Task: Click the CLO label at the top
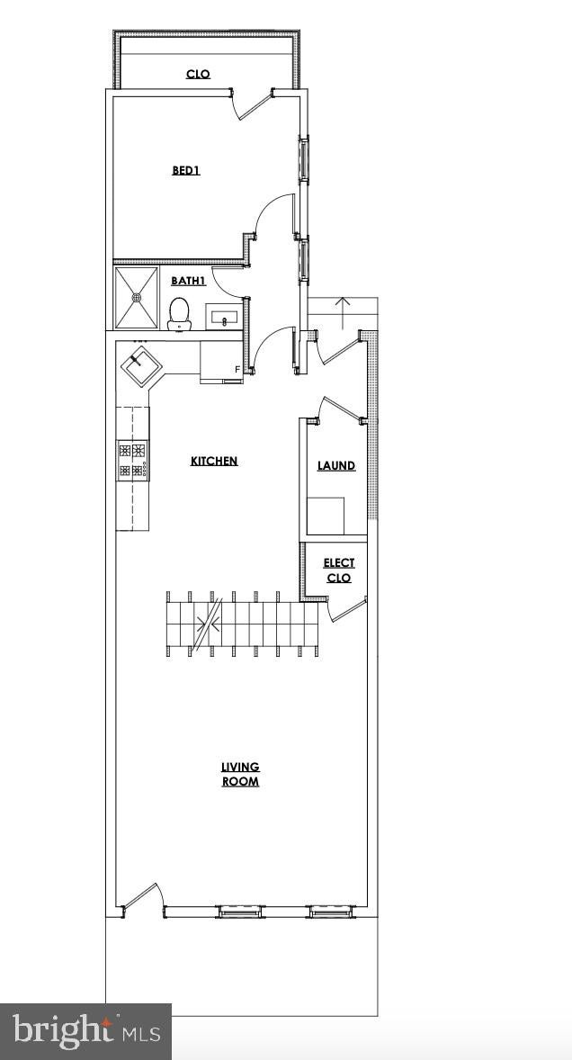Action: (198, 74)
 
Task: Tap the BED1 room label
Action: (185, 170)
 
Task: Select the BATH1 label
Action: (188, 281)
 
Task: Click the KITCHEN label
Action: (214, 461)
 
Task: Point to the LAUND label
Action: (336, 466)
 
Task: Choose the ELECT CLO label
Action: (339, 570)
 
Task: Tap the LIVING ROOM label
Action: (240, 774)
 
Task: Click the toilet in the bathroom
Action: (179, 314)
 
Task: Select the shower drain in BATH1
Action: (137, 297)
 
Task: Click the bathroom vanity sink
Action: (224, 316)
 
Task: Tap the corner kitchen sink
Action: (141, 365)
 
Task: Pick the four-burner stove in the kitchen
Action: (132, 461)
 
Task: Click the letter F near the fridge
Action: (237, 369)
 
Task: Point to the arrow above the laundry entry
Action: (343, 311)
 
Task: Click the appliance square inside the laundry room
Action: (326, 517)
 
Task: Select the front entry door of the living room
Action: (143, 898)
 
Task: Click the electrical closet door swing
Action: (345, 608)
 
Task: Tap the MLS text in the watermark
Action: (141, 1034)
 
